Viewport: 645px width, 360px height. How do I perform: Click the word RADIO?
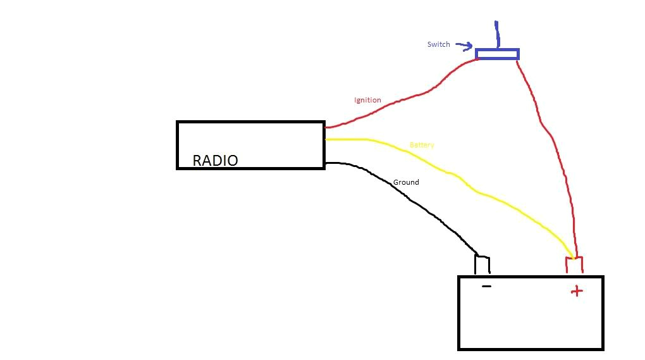click(215, 161)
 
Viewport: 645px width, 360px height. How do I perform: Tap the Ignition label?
click(367, 100)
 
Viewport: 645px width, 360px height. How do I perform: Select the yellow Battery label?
click(422, 145)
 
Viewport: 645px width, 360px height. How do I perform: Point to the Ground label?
click(406, 182)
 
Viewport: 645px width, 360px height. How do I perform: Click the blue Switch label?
click(438, 44)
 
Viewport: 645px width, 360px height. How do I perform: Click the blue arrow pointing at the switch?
click(465, 46)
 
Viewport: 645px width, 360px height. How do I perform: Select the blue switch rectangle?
click(497, 54)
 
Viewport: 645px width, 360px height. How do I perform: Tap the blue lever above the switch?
click(497, 34)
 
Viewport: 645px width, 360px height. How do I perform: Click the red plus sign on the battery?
click(575, 291)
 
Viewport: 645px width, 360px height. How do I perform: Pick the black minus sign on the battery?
click(486, 287)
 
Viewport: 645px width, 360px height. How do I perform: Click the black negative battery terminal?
click(482, 264)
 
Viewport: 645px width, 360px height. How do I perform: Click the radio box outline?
click(250, 122)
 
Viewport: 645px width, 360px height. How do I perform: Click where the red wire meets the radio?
click(325, 128)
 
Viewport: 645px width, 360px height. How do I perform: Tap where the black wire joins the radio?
click(326, 163)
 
